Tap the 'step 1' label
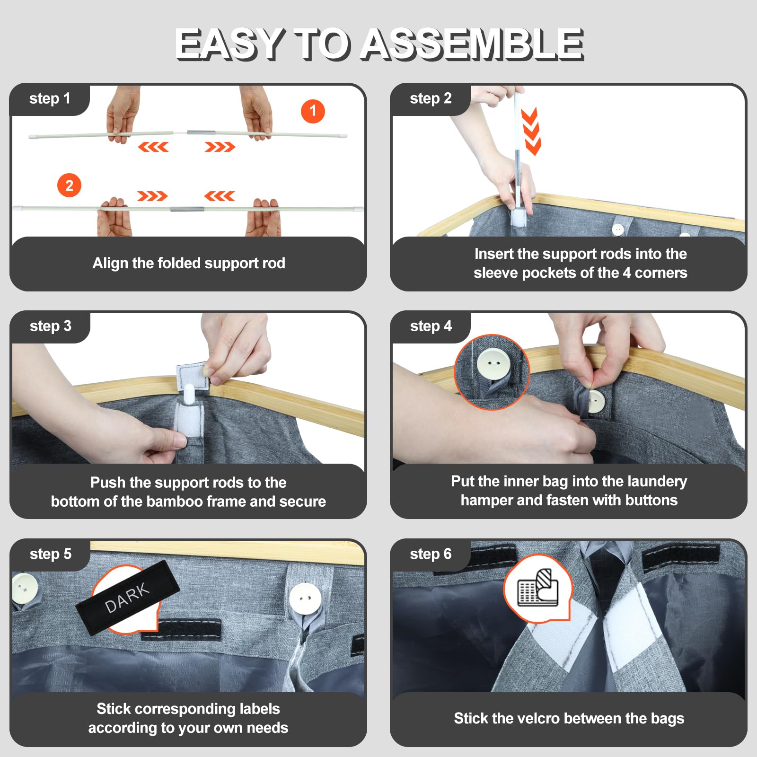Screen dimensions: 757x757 tap(50, 98)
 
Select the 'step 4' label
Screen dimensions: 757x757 tap(431, 326)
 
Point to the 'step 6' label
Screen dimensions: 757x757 tap(431, 554)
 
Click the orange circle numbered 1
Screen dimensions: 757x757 tap(313, 111)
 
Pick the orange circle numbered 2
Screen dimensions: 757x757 tap(69, 185)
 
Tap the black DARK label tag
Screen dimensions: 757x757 tap(127, 598)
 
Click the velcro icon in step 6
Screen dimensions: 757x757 tap(538, 588)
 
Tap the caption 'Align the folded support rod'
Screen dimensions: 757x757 tap(189, 263)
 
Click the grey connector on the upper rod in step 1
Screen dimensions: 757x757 tap(197, 132)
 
